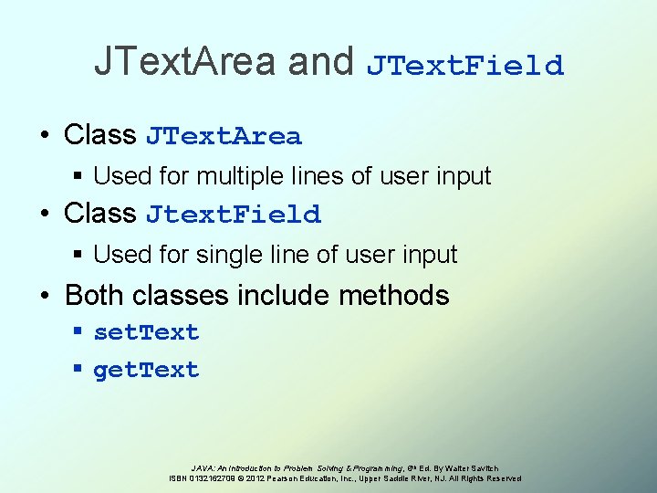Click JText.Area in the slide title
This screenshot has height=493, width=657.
[184, 62]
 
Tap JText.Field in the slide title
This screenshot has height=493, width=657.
[465, 66]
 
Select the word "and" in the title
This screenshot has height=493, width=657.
[320, 62]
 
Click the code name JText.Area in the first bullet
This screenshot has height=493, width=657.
[224, 137]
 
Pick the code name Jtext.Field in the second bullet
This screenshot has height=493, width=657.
[234, 215]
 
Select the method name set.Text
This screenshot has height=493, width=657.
[146, 332]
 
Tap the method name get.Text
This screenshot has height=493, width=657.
[146, 370]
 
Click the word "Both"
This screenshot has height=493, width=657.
[96, 295]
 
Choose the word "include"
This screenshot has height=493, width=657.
[287, 295]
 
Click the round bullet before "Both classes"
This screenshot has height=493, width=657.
[46, 296]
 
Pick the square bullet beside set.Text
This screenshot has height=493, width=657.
[79, 332]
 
